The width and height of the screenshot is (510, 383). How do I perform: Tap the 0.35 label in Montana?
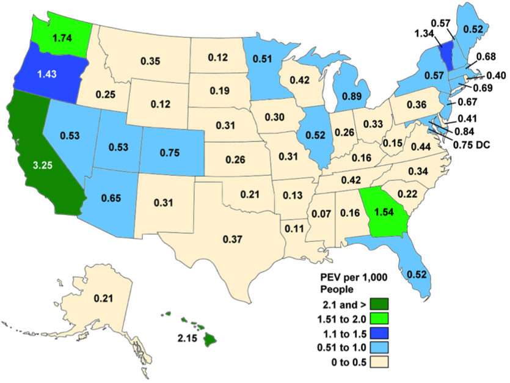pyautogui.click(x=150, y=60)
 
